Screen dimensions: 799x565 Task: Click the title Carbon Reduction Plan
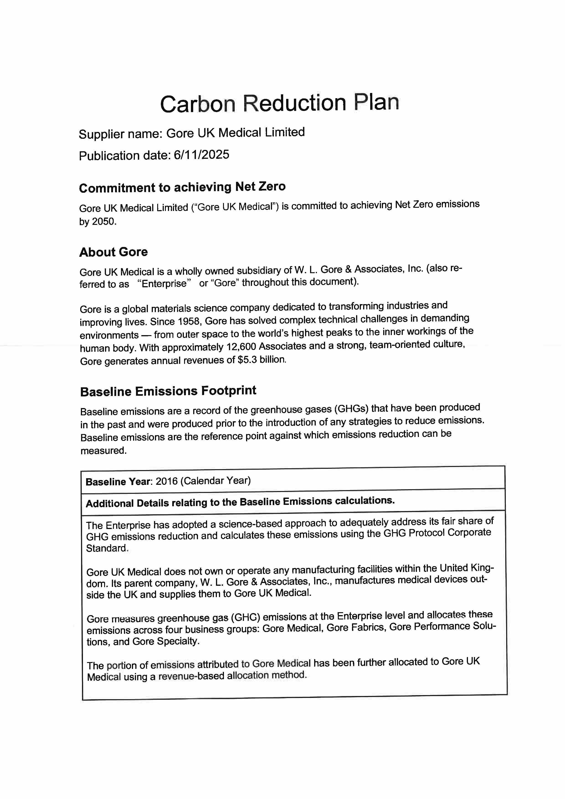[x=279, y=103]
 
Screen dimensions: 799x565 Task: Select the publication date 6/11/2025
[x=201, y=154]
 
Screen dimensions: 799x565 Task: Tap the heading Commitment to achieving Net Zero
[x=182, y=187]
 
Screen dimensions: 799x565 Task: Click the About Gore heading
[x=113, y=252]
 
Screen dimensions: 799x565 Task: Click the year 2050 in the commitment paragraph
[x=103, y=222]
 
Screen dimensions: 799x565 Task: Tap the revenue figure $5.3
[x=247, y=360]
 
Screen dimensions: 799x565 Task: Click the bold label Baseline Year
[x=118, y=482]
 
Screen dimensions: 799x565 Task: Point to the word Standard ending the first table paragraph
[x=107, y=548]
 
